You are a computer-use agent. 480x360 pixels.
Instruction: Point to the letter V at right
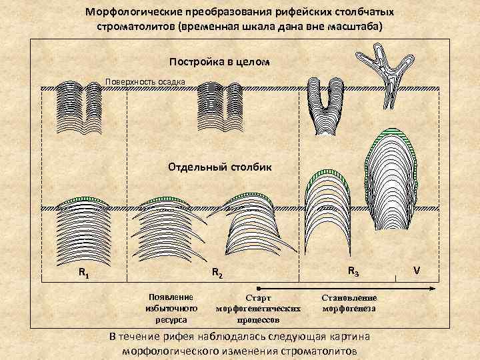pos(417,271)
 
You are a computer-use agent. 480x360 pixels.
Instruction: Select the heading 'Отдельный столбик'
pos(220,165)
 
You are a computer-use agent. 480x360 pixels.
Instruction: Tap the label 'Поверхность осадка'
pos(145,82)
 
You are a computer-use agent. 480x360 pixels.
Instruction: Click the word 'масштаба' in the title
pos(357,26)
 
